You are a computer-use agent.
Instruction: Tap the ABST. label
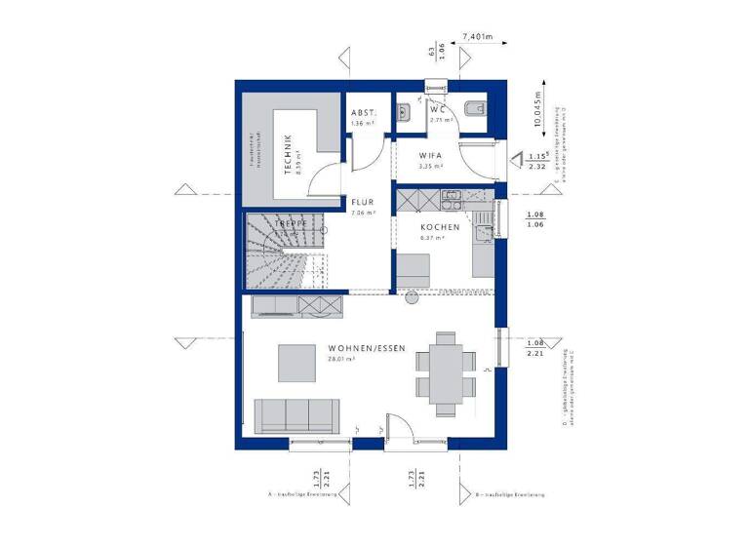(363, 112)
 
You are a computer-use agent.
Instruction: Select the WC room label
(438, 110)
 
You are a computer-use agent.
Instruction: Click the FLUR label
(363, 204)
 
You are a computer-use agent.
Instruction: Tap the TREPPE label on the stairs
(291, 223)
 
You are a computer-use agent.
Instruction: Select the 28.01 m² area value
(340, 359)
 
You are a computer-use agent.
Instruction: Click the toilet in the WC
(475, 109)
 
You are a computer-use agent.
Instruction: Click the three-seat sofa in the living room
(296, 415)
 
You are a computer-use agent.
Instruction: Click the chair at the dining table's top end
(447, 337)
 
